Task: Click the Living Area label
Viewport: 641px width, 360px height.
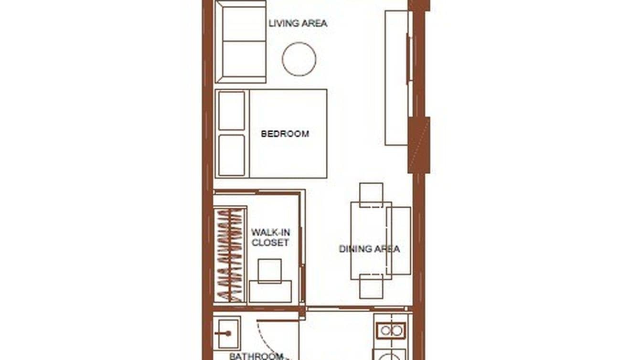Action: point(298,23)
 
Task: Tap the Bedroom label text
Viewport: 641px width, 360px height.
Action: point(285,134)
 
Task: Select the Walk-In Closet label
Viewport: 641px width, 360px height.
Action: point(270,237)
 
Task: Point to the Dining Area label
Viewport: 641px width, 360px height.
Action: point(369,249)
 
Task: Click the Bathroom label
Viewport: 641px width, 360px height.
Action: point(256,356)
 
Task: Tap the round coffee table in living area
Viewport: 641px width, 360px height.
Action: point(299,59)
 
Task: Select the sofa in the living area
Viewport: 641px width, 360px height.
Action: point(241,42)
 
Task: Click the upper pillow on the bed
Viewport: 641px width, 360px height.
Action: point(232,110)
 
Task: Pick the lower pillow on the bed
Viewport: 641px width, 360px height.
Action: point(232,155)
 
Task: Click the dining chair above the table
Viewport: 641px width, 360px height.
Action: point(371,194)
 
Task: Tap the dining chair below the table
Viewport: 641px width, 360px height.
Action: point(371,286)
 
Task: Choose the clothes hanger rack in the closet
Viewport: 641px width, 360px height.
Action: point(229,255)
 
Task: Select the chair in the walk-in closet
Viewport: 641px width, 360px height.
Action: point(269,271)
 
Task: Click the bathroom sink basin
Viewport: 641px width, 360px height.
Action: point(226,333)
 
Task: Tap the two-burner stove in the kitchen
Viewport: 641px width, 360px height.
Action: point(391,330)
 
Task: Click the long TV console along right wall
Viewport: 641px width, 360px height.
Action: point(396,78)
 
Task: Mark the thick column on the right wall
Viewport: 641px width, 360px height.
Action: point(419,145)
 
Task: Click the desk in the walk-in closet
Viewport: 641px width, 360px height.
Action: point(270,292)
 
